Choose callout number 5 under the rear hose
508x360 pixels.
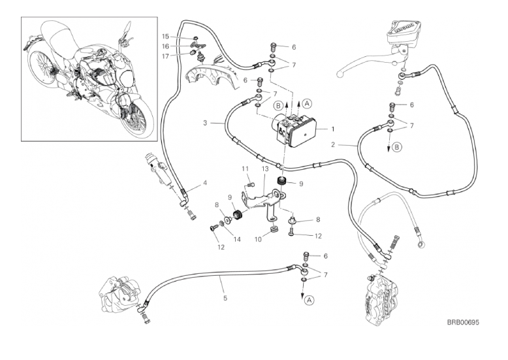[225, 298]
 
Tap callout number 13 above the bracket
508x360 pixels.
[265, 169]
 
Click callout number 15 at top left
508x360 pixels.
[165, 36]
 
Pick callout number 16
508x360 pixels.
[165, 46]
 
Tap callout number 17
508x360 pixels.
[165, 56]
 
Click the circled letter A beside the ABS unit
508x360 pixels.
[308, 101]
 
